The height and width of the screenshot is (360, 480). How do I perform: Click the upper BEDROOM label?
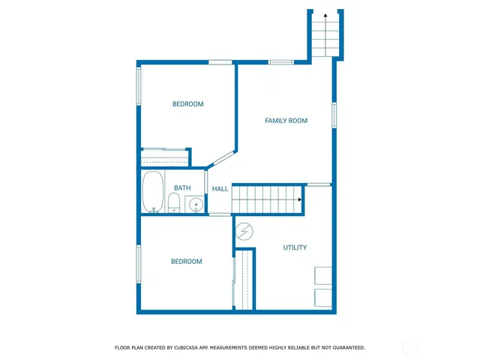click(187, 104)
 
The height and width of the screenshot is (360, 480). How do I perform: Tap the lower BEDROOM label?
click(186, 262)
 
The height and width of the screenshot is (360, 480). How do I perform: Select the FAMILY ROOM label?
click(286, 121)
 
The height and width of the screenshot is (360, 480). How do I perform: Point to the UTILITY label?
click(294, 247)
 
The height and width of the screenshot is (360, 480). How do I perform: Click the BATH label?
click(182, 188)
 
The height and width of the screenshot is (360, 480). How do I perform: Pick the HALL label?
click(220, 189)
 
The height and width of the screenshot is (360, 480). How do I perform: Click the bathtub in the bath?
click(153, 192)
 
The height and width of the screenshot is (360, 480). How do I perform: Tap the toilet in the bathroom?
click(173, 202)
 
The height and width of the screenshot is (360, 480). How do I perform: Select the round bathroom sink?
click(195, 203)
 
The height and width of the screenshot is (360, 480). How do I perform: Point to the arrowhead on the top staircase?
click(325, 15)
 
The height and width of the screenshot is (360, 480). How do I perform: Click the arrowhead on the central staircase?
click(300, 199)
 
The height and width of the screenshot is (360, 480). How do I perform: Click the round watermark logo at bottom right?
click(410, 347)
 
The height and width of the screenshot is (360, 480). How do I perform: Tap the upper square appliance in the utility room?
click(323, 275)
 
